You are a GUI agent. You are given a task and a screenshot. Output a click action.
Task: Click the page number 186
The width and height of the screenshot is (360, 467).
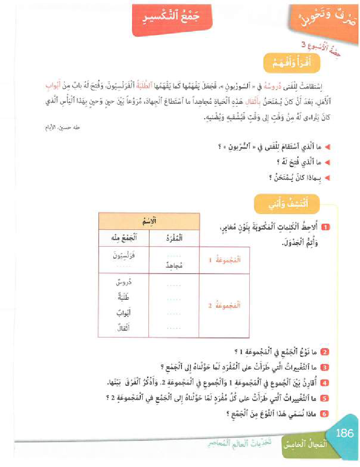pos(345,433)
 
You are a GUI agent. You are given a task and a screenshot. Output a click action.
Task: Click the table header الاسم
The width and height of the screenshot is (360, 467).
pos(149,222)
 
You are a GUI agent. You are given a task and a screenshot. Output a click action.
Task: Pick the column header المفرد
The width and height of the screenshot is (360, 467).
pos(174,238)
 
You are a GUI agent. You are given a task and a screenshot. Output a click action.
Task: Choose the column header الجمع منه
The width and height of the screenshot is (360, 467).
pos(124,238)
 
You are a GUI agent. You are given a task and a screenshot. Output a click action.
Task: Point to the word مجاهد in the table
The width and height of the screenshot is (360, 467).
pos(175,265)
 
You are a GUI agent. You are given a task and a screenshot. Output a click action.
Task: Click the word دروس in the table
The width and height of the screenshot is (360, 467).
pos(124,283)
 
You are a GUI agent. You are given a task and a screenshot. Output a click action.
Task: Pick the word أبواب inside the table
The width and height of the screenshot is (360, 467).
pos(124,313)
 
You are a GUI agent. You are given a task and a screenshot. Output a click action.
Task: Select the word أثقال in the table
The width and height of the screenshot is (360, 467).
pos(124,328)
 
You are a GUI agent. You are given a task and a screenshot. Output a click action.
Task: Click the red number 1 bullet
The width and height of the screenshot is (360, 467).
pos(327,226)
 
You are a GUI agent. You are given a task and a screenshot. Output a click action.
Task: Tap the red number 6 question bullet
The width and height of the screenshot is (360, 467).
pos(325,414)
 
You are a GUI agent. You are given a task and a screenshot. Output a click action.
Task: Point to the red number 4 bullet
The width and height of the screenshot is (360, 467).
pos(325,382)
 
